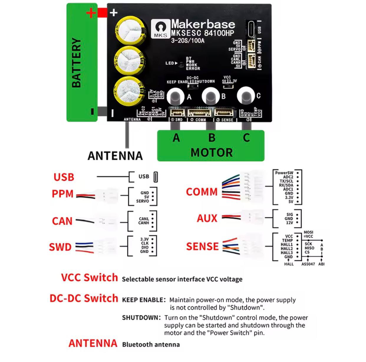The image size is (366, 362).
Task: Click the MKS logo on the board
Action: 161,29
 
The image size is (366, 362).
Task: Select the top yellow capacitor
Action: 130,30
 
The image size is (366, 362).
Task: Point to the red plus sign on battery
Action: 91,13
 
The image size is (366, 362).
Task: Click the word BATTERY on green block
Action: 76,63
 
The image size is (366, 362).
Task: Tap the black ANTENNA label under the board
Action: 115,156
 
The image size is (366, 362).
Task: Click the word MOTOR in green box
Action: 212,152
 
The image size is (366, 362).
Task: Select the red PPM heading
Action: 62,194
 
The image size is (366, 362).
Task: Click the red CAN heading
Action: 62,221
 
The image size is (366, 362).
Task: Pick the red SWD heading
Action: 60,247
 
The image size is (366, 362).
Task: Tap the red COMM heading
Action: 202,192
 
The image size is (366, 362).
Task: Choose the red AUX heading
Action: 207,218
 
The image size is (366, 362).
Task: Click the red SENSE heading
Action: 202,246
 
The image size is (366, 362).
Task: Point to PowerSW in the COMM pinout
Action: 284,173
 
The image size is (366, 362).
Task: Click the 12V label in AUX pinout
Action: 289,223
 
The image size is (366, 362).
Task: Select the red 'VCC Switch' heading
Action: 89,278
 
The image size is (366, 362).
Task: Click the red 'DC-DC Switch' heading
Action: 84,298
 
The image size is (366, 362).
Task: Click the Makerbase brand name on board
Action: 203,24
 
